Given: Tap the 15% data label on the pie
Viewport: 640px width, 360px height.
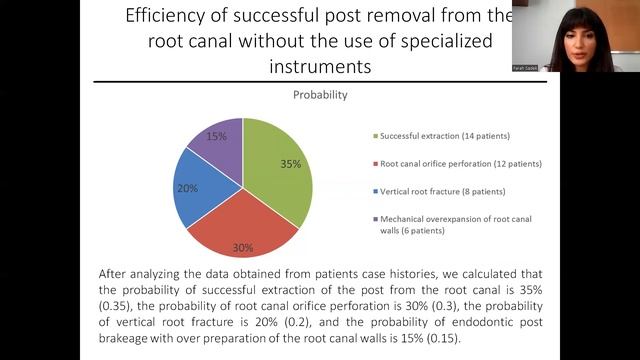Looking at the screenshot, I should coord(216,136).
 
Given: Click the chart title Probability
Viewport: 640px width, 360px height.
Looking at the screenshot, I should coord(320,96).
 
